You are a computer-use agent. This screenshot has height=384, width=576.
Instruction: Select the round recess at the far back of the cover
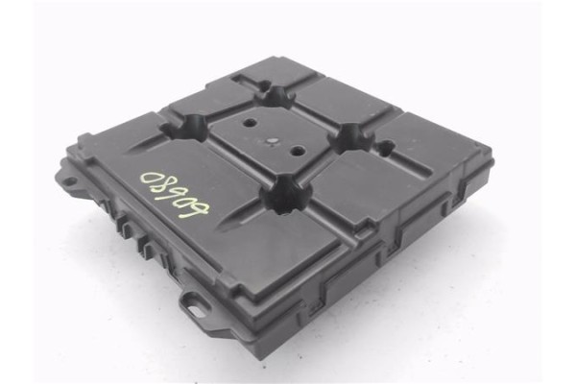click(x=277, y=96)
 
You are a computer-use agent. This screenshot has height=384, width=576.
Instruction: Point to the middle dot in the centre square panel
click(x=275, y=142)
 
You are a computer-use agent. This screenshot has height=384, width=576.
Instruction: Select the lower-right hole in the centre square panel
click(x=299, y=152)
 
